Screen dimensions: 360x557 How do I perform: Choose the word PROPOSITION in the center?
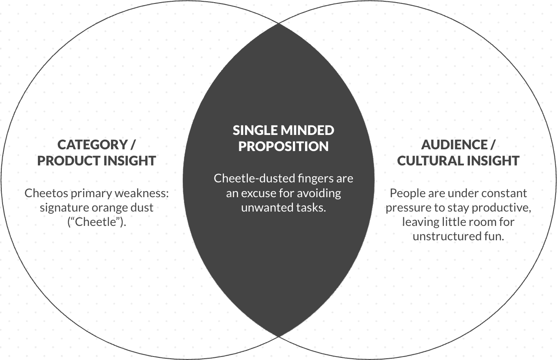coord(283,146)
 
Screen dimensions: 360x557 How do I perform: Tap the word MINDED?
coord(307,130)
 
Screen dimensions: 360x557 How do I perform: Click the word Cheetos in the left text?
coord(43,193)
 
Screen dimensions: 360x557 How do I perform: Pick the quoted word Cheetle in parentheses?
coord(96,222)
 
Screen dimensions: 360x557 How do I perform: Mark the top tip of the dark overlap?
coord(278,23)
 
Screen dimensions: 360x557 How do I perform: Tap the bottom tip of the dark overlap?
coord(278,336)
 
